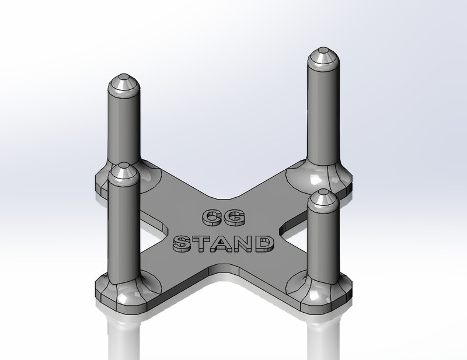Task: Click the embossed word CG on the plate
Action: coord(223,218)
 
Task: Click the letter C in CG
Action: coord(210,218)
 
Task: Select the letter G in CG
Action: coord(236,218)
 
